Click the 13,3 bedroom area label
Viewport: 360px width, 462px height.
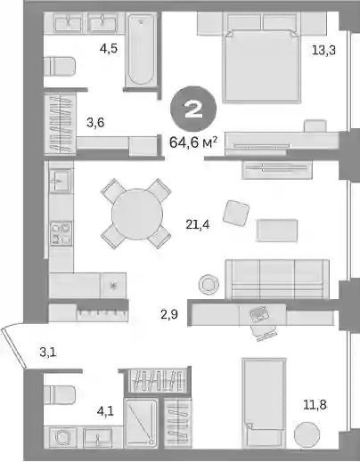pos(323,50)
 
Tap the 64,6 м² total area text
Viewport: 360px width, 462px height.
pos(193,142)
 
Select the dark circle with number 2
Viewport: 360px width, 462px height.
pos(193,109)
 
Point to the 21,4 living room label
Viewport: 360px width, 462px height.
pos(198,224)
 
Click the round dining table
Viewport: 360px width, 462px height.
pos(137,215)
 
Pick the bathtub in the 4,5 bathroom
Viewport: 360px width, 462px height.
pos(141,50)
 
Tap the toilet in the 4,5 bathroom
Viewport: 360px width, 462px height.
pos(60,66)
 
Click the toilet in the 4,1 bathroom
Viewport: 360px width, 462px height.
pos(60,394)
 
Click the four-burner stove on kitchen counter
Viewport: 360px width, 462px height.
pos(61,233)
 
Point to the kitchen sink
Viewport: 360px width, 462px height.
pos(61,181)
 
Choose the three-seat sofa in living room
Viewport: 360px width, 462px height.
pos(277,280)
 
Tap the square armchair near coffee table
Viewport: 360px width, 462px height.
pos(236,214)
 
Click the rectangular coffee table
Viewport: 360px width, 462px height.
pos(277,231)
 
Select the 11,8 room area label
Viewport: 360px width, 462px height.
pos(315,404)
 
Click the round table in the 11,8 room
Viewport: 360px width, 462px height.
pos(307,434)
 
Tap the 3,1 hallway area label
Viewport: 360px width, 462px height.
pos(48,353)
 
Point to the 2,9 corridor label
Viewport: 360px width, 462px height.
pos(169,314)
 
